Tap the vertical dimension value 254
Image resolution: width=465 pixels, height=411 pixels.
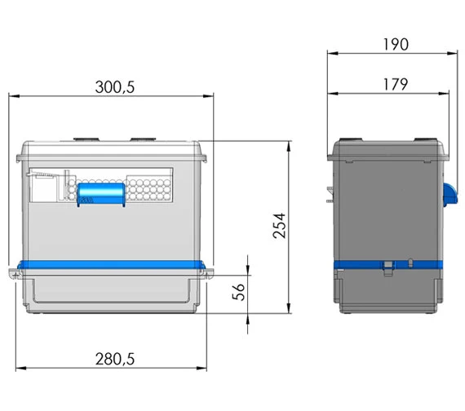coord(279,227)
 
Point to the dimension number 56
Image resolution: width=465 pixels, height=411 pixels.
coord(239,292)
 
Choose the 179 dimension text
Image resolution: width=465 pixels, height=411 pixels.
coord(393,83)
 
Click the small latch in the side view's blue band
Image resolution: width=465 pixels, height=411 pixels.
coord(390,264)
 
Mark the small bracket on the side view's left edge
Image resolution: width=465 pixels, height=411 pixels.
coord(331,193)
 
